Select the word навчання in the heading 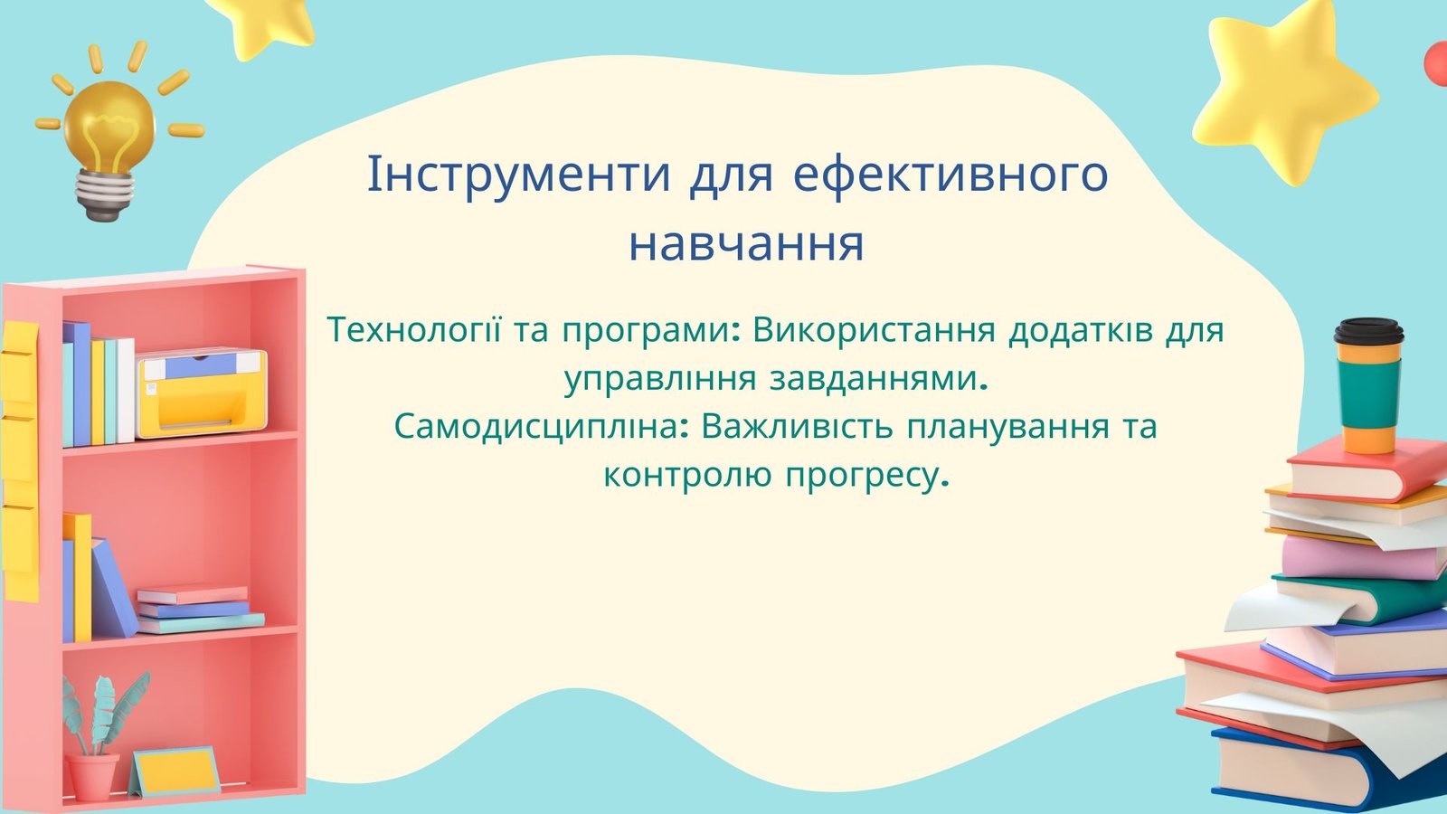746,244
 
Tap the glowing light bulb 109,126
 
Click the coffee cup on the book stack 1368,385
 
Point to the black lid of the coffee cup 1369,332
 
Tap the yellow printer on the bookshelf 202,393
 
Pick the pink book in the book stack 1363,558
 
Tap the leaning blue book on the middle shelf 114,588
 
